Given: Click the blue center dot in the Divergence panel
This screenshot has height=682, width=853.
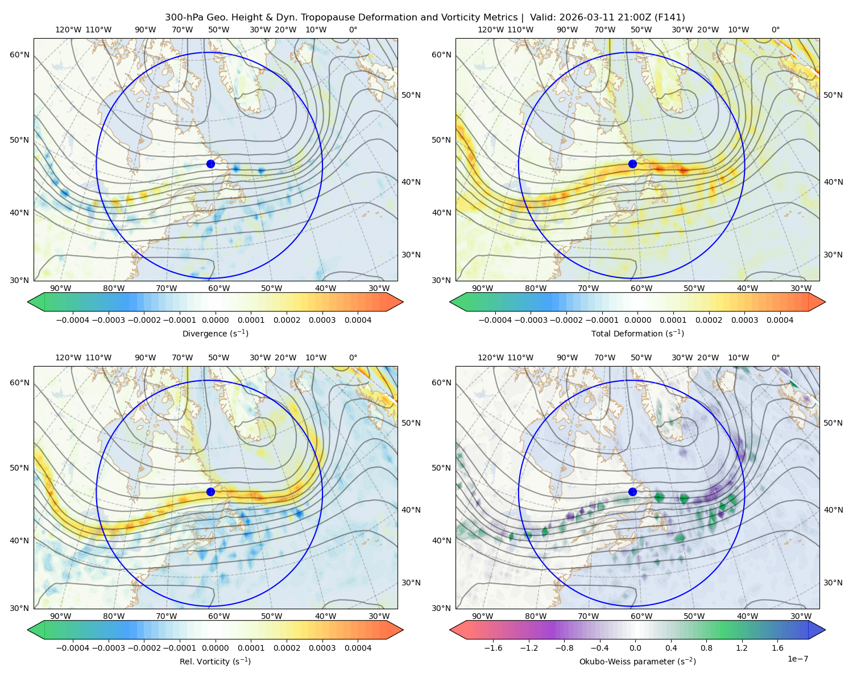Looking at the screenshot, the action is click(210, 164).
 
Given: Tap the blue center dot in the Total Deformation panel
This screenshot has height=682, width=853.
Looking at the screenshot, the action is click(632, 164).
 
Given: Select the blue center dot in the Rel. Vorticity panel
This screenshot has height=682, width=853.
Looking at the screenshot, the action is click(210, 492).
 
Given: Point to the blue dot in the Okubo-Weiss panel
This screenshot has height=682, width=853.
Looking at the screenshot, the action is click(632, 492).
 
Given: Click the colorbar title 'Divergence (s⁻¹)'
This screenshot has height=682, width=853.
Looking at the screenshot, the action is click(215, 334).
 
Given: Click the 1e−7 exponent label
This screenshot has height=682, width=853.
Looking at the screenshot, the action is click(797, 659).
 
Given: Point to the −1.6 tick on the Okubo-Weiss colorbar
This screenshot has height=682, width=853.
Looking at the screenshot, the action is click(493, 648).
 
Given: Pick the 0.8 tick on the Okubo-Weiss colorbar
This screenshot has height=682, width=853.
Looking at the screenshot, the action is click(706, 648).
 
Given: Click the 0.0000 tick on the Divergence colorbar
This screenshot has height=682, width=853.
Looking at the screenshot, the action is click(215, 320).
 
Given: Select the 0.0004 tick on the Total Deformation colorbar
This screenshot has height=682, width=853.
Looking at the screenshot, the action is click(780, 320).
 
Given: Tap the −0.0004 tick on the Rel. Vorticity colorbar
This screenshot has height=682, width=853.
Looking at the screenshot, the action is click(73, 648).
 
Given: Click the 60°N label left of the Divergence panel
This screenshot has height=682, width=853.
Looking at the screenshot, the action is click(19, 55).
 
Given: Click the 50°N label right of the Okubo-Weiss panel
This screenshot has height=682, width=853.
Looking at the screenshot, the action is click(833, 423).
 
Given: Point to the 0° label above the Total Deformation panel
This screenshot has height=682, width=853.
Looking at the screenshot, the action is click(776, 30).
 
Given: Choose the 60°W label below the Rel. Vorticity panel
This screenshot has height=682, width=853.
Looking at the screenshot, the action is click(219, 616).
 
